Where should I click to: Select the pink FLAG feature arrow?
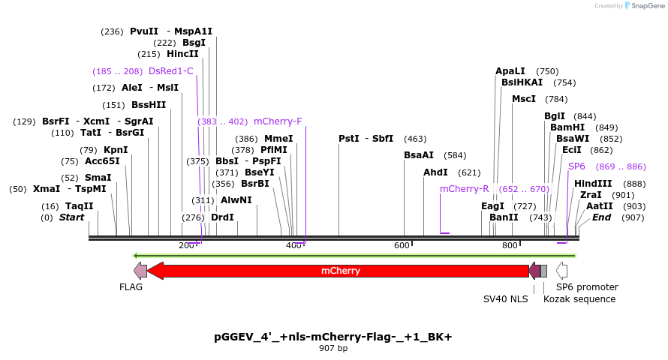[140, 271]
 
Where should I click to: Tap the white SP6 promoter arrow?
[561, 271]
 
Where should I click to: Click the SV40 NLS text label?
[505, 299]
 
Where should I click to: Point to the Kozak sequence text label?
[579, 299]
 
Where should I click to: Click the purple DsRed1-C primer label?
[170, 71]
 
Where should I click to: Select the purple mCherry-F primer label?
[278, 121]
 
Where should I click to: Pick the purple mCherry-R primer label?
[464, 189]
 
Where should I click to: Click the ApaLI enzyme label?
[510, 71]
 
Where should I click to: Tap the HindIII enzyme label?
[593, 184]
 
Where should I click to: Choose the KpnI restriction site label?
[116, 150]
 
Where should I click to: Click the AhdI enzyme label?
[435, 172]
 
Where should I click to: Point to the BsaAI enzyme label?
[419, 156]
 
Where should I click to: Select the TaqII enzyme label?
[80, 206]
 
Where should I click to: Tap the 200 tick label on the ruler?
[186, 246]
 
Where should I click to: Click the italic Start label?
[71, 217]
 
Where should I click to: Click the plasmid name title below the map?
[333, 337]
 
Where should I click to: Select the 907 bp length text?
[333, 349]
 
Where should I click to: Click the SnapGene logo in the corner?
[644, 6]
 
